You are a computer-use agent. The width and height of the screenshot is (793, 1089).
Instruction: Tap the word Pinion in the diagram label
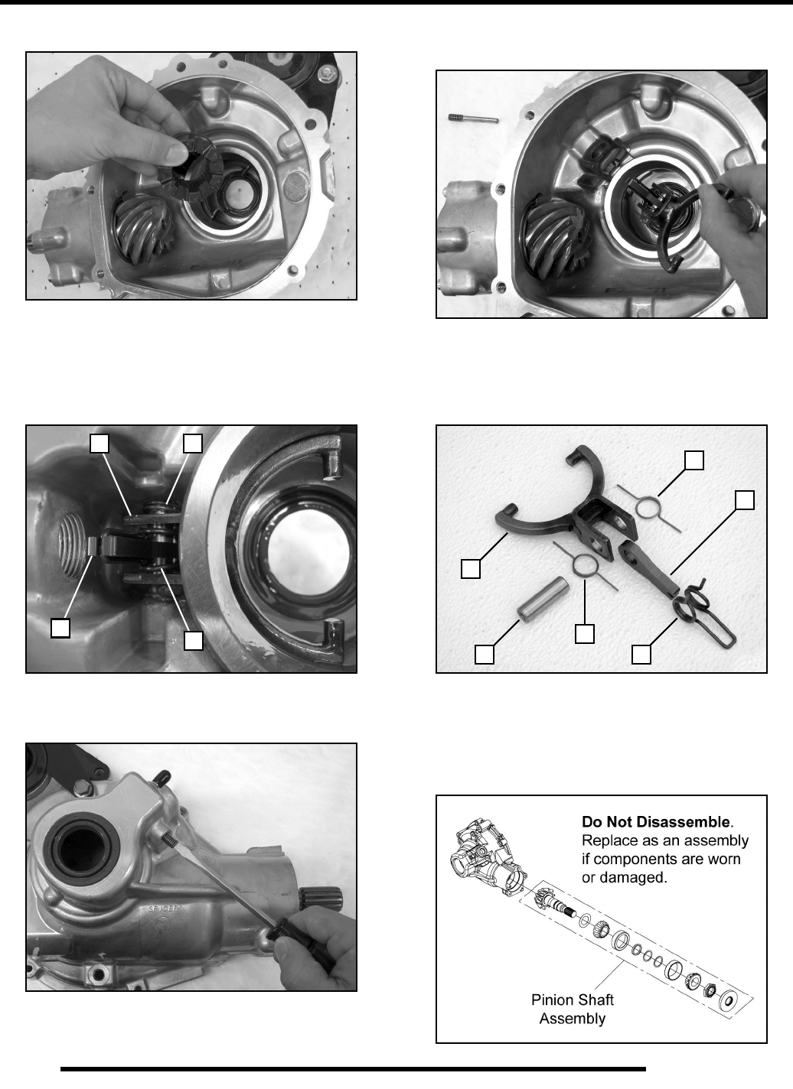click(552, 1000)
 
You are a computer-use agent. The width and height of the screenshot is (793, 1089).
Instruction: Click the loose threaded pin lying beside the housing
click(473, 118)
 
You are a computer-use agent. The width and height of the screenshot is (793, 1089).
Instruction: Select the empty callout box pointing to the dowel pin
click(484, 655)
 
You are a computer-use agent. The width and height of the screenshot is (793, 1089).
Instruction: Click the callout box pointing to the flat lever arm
click(744, 500)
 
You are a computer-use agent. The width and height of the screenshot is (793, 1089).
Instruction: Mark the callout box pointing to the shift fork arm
click(471, 569)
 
